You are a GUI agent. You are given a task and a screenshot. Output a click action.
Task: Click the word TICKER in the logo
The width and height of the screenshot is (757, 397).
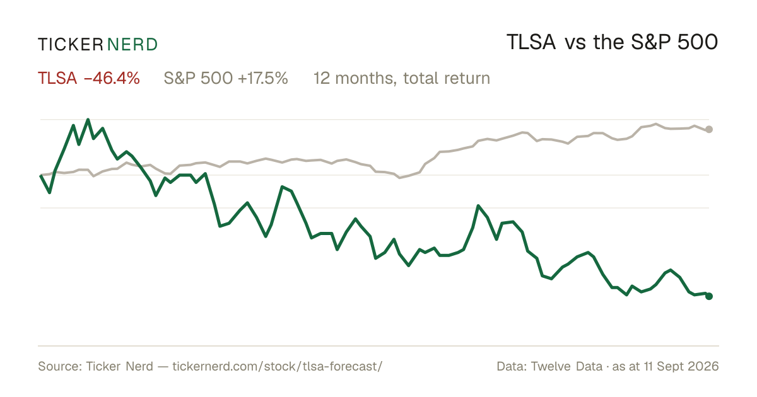point(70,45)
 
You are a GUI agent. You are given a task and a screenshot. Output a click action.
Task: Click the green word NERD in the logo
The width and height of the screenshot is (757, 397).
point(132,45)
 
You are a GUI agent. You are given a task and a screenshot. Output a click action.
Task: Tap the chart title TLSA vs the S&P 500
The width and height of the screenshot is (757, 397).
point(612,42)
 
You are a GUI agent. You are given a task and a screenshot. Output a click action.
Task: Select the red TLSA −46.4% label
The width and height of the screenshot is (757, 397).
point(89,78)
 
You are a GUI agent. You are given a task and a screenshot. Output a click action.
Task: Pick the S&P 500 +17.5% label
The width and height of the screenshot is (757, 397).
point(226,78)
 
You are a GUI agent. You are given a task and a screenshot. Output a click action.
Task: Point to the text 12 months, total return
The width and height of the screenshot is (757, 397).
point(402,78)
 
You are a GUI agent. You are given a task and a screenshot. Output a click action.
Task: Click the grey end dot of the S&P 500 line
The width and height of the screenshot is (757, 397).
point(709,129)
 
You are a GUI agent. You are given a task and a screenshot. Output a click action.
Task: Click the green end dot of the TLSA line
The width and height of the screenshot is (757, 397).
point(709,296)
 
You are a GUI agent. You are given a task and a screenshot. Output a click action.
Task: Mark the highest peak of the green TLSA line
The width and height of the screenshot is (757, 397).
point(88,120)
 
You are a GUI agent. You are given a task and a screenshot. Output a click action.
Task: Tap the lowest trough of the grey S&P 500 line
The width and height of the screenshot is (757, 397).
point(400,178)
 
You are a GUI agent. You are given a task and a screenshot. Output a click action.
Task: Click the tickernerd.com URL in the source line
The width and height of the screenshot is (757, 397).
point(278,366)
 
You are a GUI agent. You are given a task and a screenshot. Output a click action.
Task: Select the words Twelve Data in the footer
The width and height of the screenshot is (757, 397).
point(566,366)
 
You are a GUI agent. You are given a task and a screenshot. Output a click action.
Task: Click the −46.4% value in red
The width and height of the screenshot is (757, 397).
point(112,78)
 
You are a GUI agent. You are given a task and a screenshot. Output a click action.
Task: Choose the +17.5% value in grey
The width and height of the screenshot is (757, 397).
point(263,78)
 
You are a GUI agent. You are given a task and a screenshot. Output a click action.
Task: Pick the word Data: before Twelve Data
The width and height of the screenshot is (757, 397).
point(512,366)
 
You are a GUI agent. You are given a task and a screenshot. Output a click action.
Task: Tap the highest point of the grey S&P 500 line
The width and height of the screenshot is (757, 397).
point(656,124)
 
